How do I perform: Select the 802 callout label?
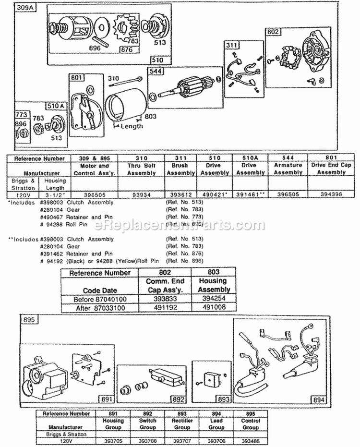coord(272,32)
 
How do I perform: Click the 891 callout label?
coord(105,398)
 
